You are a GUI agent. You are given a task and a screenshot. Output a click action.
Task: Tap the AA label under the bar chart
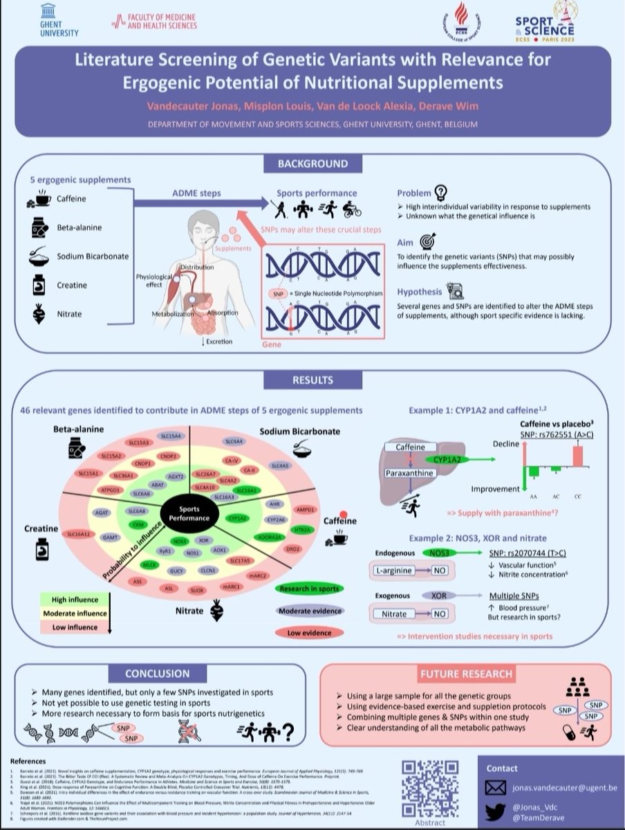click(x=533, y=495)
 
